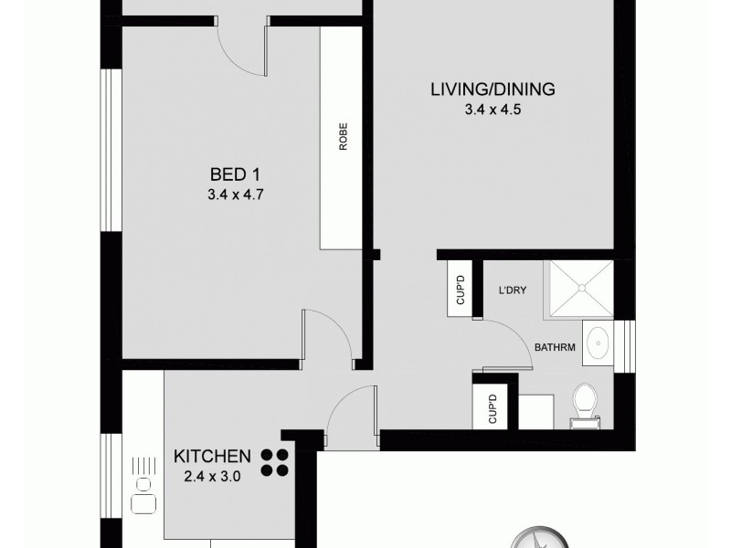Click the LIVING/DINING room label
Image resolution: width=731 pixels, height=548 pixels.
(493, 90)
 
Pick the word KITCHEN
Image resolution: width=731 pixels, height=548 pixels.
(213, 455)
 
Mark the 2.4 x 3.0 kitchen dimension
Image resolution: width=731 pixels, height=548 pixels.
(213, 475)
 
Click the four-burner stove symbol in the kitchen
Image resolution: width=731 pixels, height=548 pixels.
(275, 462)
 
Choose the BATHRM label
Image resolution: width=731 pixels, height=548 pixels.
(555, 346)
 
